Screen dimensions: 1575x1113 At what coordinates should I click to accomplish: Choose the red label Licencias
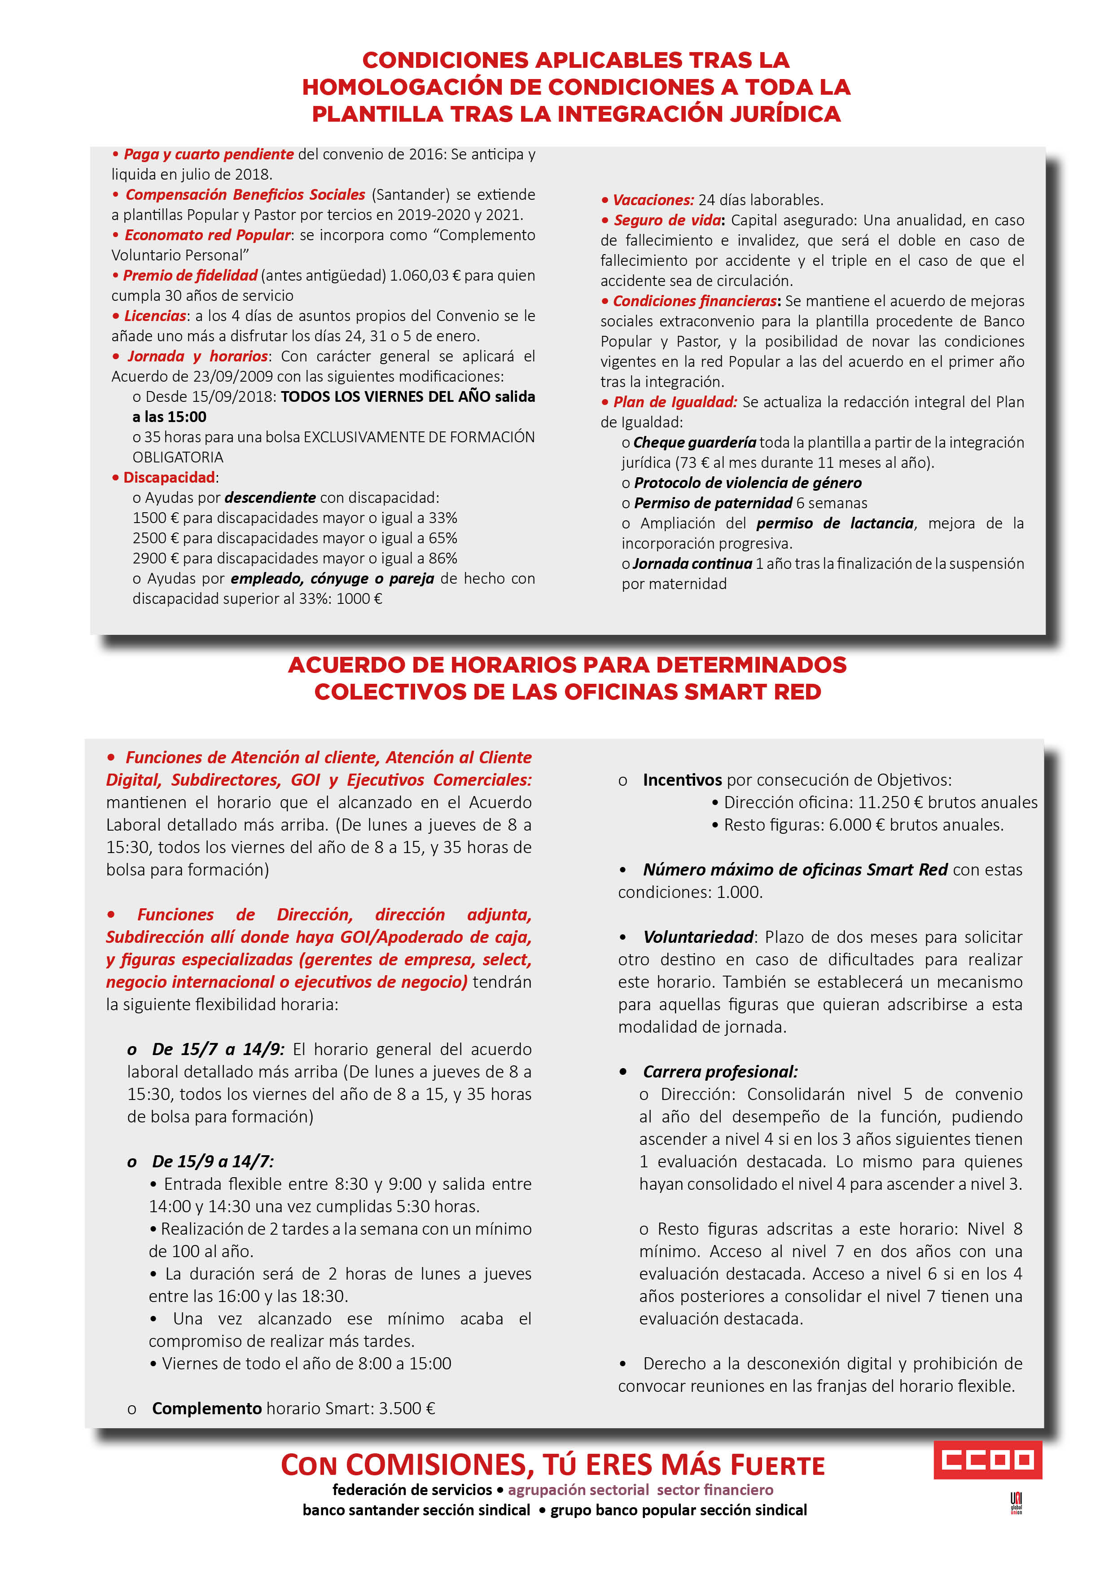155,316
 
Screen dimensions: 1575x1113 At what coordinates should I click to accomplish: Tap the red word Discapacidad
169,477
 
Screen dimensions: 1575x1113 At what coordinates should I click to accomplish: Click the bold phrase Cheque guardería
694,442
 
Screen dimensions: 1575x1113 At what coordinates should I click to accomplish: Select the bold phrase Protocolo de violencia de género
748,483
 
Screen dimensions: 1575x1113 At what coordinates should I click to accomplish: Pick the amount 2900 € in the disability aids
156,559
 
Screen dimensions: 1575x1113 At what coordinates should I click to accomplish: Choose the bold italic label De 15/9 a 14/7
213,1161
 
